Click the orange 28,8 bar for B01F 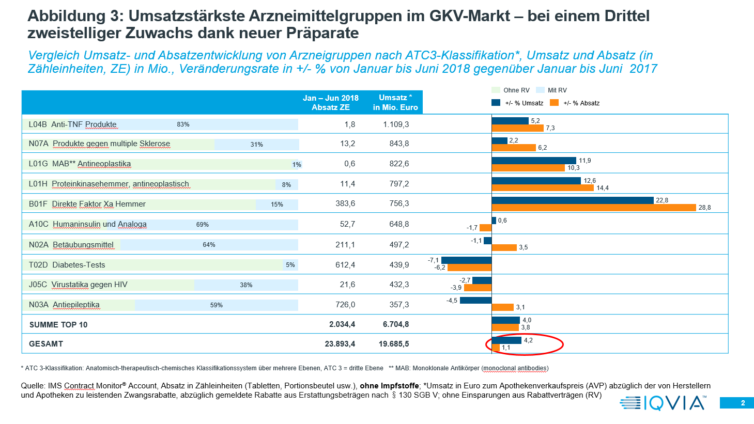click(x=594, y=208)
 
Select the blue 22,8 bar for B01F click(x=573, y=200)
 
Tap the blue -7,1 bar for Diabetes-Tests click(x=466, y=260)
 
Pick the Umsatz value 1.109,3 click(x=396, y=124)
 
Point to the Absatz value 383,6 click(x=345, y=203)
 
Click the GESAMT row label click(x=46, y=344)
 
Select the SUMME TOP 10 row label click(x=58, y=325)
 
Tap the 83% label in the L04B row click(x=183, y=124)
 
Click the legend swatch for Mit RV click(x=541, y=90)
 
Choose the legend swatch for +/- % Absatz click(x=555, y=103)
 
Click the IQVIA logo click(x=663, y=403)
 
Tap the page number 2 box click(x=737, y=403)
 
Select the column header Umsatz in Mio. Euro click(x=395, y=102)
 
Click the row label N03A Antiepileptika click(x=64, y=305)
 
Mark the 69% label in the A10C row click(x=202, y=225)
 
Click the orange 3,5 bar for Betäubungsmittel click(x=504, y=248)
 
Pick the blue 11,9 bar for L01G click(x=534, y=161)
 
